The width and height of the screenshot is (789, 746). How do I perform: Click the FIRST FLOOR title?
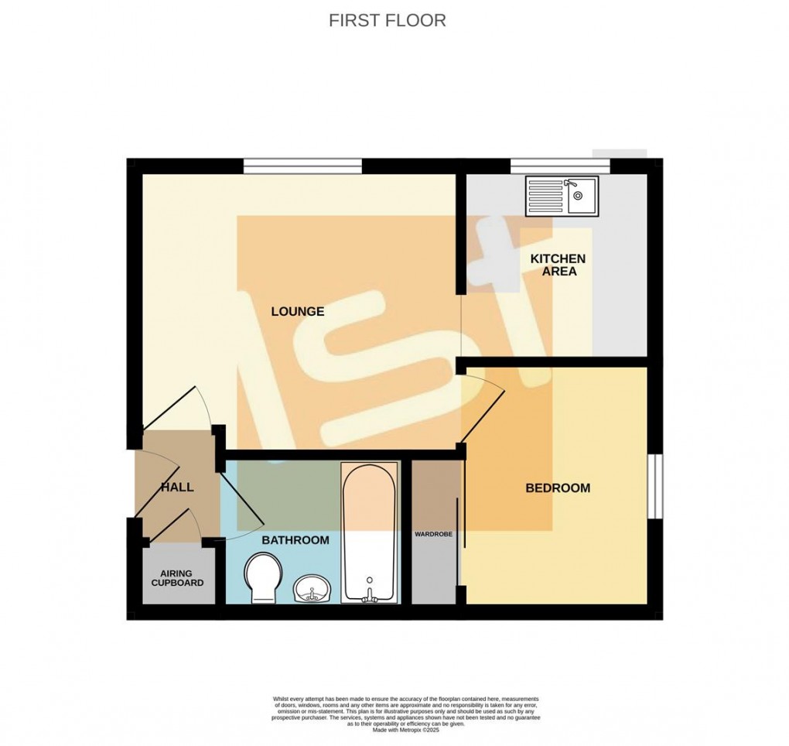(387, 21)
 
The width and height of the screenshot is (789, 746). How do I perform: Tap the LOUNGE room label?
(297, 312)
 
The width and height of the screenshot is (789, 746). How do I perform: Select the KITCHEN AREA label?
(558, 265)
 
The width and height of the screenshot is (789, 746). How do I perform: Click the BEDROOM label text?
(558, 488)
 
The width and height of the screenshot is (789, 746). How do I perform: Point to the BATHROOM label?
(295, 540)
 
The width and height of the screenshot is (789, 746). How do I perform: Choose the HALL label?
(177, 488)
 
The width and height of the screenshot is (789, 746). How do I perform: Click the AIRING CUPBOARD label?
(177, 577)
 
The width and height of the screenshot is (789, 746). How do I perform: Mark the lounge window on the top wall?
(302, 166)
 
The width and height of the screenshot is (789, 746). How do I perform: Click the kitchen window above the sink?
(560, 166)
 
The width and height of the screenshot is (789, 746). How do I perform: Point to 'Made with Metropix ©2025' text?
(405, 730)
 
